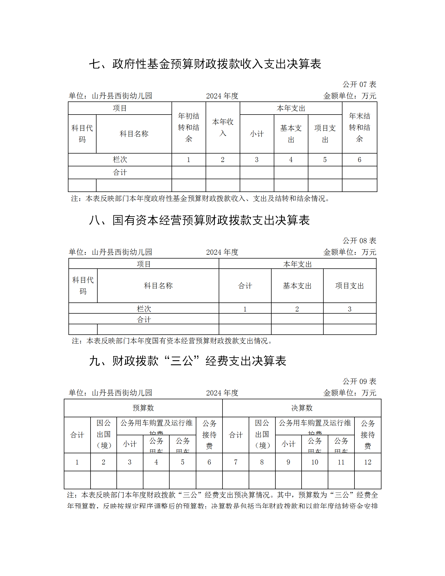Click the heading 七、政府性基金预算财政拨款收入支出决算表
(x=205, y=64)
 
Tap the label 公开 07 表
(x=359, y=85)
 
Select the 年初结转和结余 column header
(x=188, y=127)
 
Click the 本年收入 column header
(x=222, y=127)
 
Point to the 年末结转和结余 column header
(x=359, y=127)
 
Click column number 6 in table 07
(x=359, y=160)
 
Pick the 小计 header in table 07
(x=257, y=134)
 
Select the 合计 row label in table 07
(x=120, y=172)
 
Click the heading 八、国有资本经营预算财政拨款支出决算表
(x=199, y=220)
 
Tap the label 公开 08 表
(x=359, y=241)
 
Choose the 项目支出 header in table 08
(x=350, y=286)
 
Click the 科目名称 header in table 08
(x=158, y=286)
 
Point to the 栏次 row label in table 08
(x=144, y=309)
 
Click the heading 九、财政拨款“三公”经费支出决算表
(x=188, y=361)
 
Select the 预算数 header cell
(x=143, y=408)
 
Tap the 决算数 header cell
(x=302, y=408)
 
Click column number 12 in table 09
(x=368, y=462)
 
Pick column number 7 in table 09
(x=236, y=462)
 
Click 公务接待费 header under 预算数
(x=209, y=435)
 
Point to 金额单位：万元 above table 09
(x=350, y=393)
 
